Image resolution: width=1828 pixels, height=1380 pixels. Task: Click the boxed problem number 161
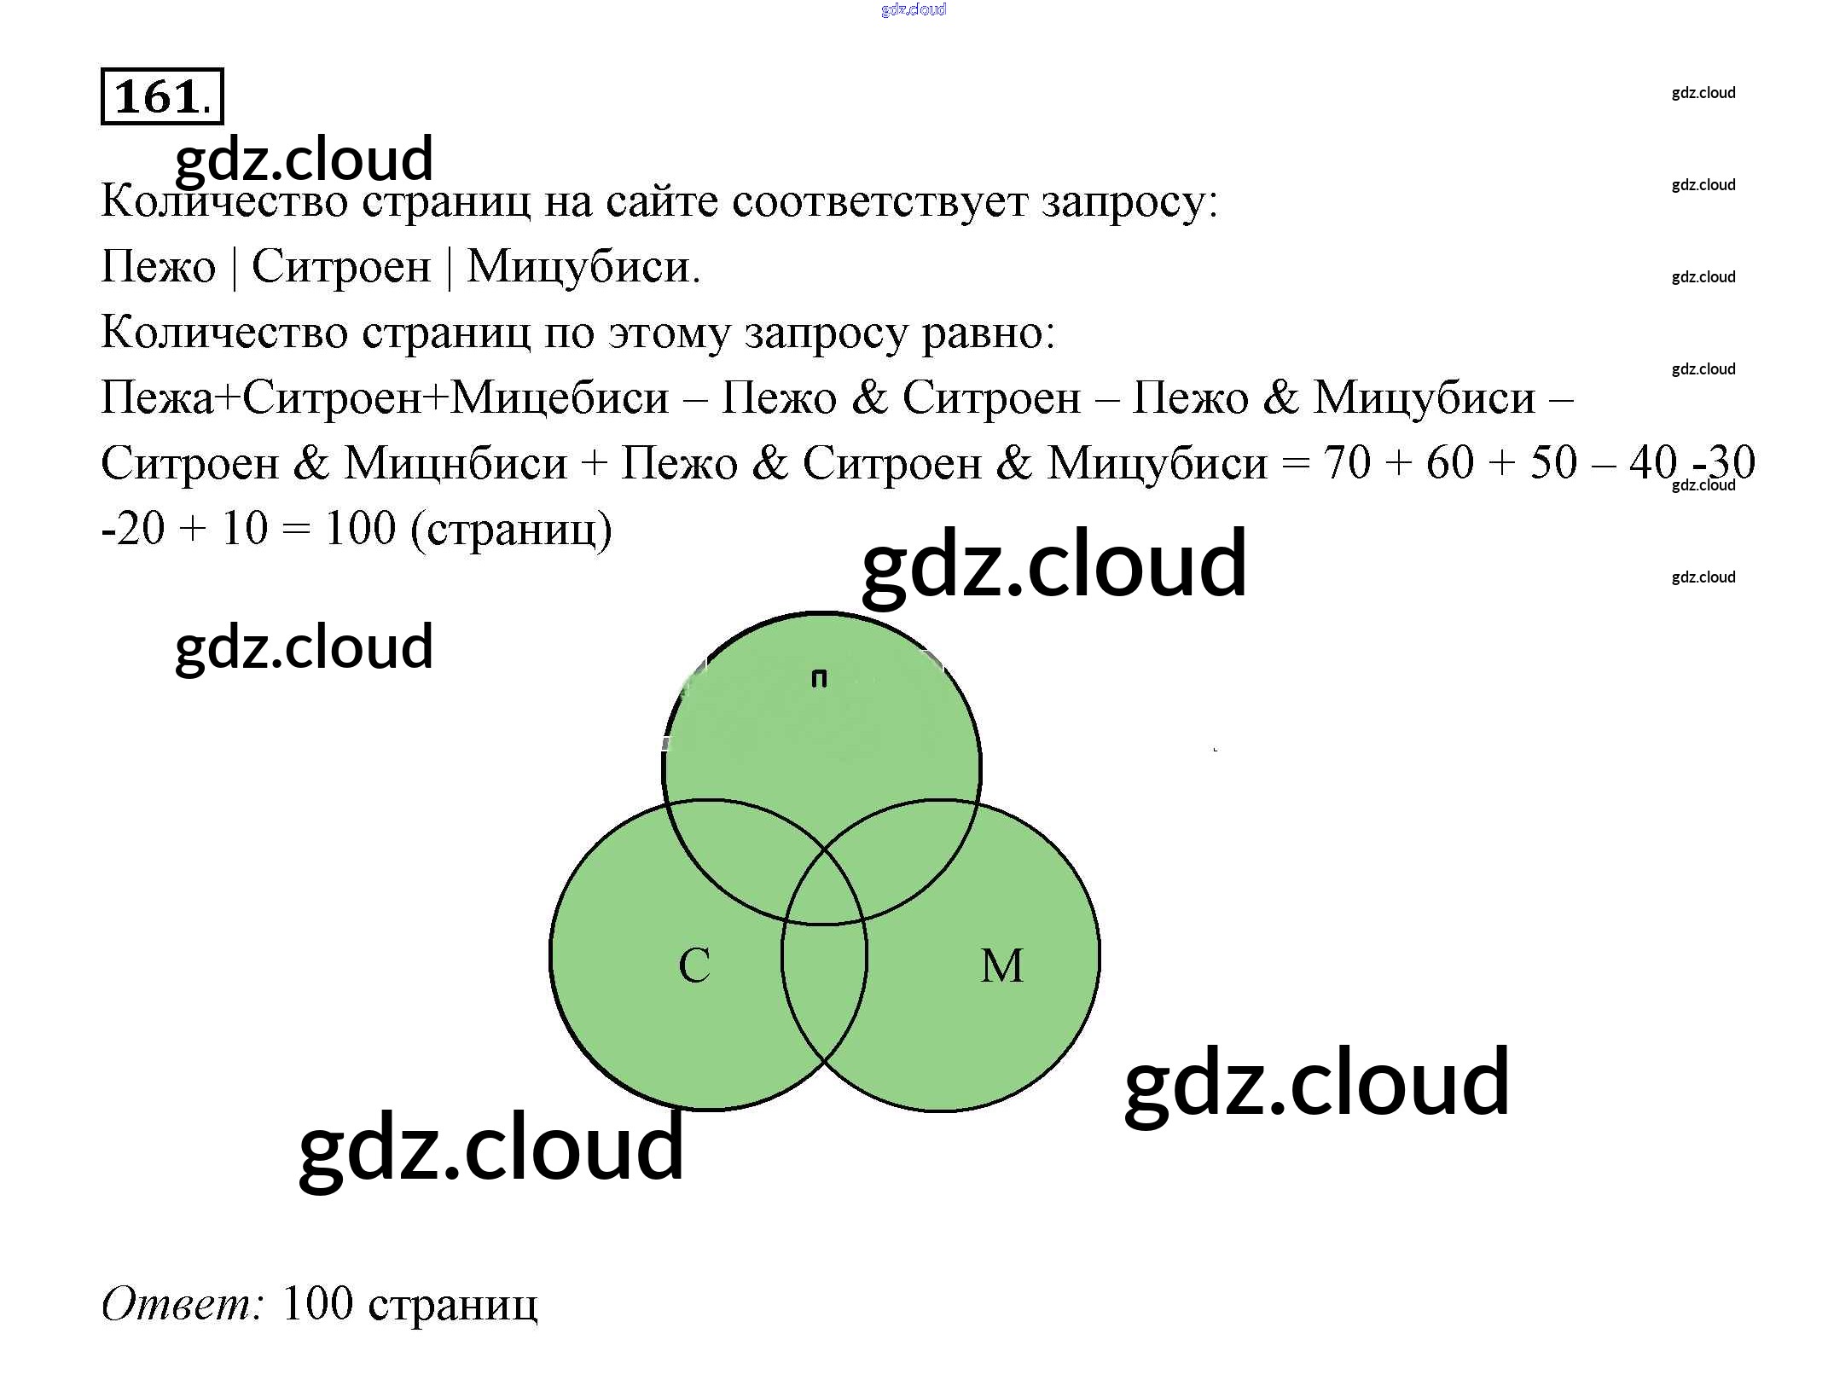tap(161, 96)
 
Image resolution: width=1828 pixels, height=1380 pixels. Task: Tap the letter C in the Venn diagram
tap(694, 966)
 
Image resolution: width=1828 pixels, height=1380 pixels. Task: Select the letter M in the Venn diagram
tap(1001, 966)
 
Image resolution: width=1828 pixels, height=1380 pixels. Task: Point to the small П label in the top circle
tap(819, 679)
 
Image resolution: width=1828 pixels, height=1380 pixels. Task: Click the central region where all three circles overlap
tap(824, 887)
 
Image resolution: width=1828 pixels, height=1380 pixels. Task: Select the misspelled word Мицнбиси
tap(456, 464)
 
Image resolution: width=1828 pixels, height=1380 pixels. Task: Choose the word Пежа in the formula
tap(158, 398)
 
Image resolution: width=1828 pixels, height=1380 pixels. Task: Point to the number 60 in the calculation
tap(1449, 464)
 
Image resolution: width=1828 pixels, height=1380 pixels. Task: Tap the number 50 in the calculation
tap(1553, 464)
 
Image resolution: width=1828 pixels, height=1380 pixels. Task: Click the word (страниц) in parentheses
tap(511, 530)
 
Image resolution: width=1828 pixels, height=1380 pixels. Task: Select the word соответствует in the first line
tap(879, 202)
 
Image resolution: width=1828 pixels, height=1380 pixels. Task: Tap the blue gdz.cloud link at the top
tap(914, 9)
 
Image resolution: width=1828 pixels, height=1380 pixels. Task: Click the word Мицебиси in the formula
tap(560, 398)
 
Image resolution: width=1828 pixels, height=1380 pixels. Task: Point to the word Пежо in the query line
tap(158, 267)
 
